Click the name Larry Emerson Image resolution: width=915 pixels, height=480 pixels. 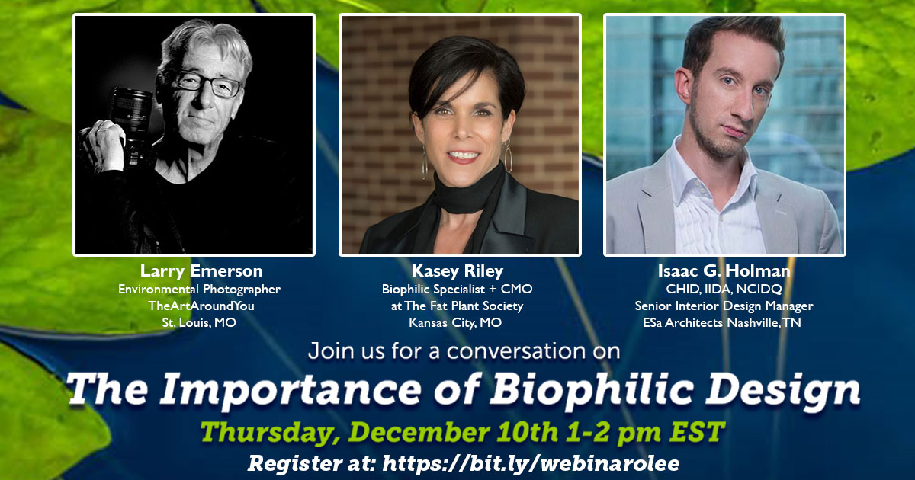(201, 271)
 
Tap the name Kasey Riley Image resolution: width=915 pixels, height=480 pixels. (457, 271)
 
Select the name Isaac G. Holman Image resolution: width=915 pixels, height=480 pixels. (724, 271)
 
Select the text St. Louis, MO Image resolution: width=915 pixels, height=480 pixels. (199, 323)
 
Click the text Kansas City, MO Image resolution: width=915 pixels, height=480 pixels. (455, 323)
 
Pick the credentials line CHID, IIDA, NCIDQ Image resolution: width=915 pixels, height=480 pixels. (724, 290)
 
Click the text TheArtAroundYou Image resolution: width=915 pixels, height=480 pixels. (201, 306)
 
